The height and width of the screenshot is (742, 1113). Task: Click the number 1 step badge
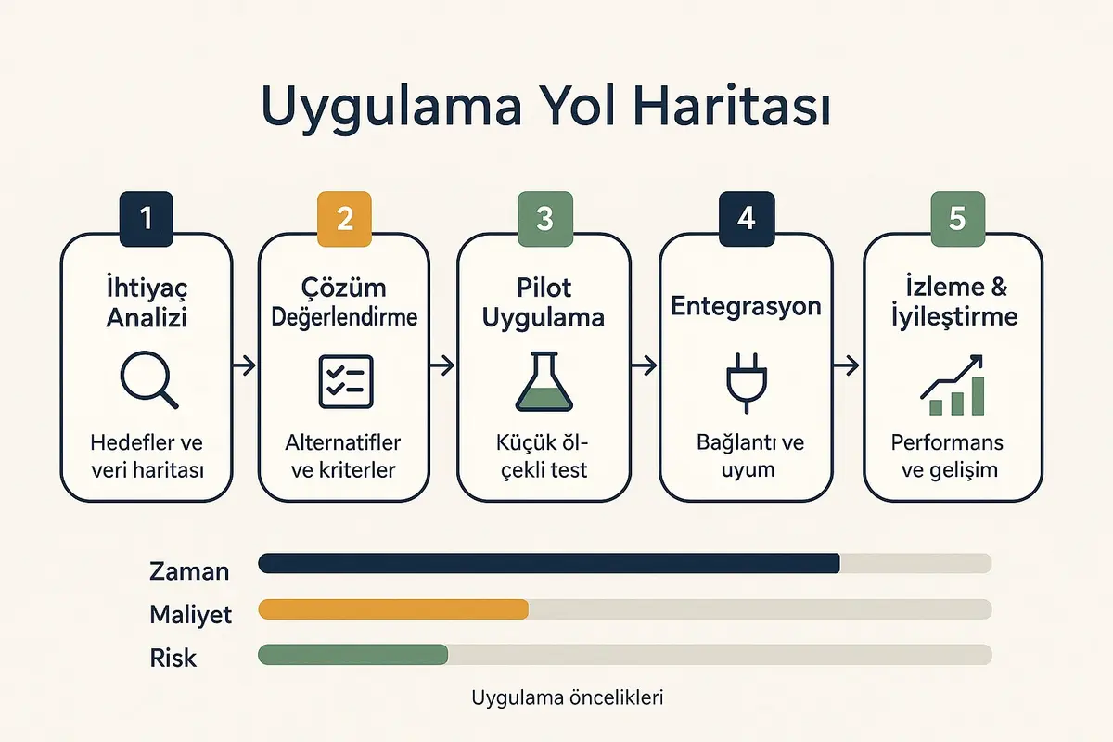145,219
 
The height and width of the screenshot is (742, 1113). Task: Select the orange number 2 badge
345,219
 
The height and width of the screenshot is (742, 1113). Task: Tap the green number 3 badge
544,219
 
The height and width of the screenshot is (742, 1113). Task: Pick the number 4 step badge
746,219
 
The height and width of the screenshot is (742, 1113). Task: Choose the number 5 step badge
957,219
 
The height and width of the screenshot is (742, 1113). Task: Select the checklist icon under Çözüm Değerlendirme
345,381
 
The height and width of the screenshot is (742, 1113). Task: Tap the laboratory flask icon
544,382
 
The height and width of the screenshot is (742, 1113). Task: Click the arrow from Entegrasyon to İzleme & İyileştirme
845,367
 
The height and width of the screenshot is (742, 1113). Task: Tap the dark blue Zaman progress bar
548,563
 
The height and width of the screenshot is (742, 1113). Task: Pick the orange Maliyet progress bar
392,609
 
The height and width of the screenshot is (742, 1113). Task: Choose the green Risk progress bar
352,655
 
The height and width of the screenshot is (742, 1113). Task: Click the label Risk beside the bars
173,658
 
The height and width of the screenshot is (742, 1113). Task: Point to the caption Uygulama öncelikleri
568,697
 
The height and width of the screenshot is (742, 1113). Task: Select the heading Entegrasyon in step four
747,306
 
